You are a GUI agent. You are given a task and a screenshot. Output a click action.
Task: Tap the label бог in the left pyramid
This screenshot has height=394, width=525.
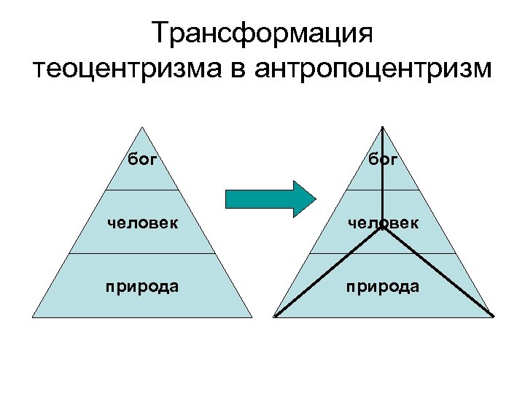pos(142,158)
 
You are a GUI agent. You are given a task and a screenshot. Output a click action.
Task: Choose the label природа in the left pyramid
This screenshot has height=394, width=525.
pos(142,285)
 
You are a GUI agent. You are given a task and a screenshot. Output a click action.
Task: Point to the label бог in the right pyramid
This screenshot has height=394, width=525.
pos(384,158)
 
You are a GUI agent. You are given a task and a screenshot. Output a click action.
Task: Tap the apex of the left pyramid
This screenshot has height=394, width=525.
pos(142,128)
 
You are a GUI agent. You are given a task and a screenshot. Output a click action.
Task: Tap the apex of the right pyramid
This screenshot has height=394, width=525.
pos(384,128)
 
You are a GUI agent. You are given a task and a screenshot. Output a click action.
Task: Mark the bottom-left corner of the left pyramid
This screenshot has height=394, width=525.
pos(33,317)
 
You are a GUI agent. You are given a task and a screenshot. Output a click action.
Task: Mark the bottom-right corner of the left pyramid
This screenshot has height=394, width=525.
pos(252,317)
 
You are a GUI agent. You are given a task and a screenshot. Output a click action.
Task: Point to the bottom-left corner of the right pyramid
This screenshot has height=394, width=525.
pos(275,316)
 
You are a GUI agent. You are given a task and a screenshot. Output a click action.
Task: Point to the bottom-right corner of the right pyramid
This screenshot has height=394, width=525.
pos(493,316)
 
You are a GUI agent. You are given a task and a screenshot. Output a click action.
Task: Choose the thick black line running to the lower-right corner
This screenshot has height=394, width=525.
pos(437,272)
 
